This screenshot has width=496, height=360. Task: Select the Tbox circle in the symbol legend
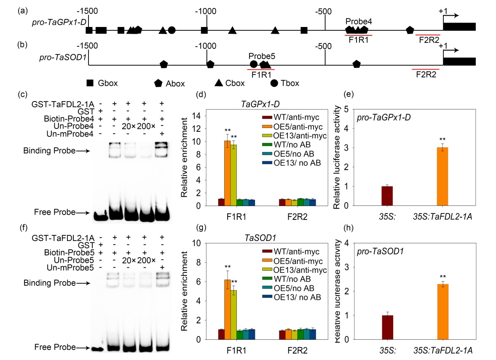(x=274, y=83)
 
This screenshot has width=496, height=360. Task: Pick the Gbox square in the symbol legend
(x=90, y=83)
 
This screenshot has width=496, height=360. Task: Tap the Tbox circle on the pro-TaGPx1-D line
(x=172, y=30)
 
